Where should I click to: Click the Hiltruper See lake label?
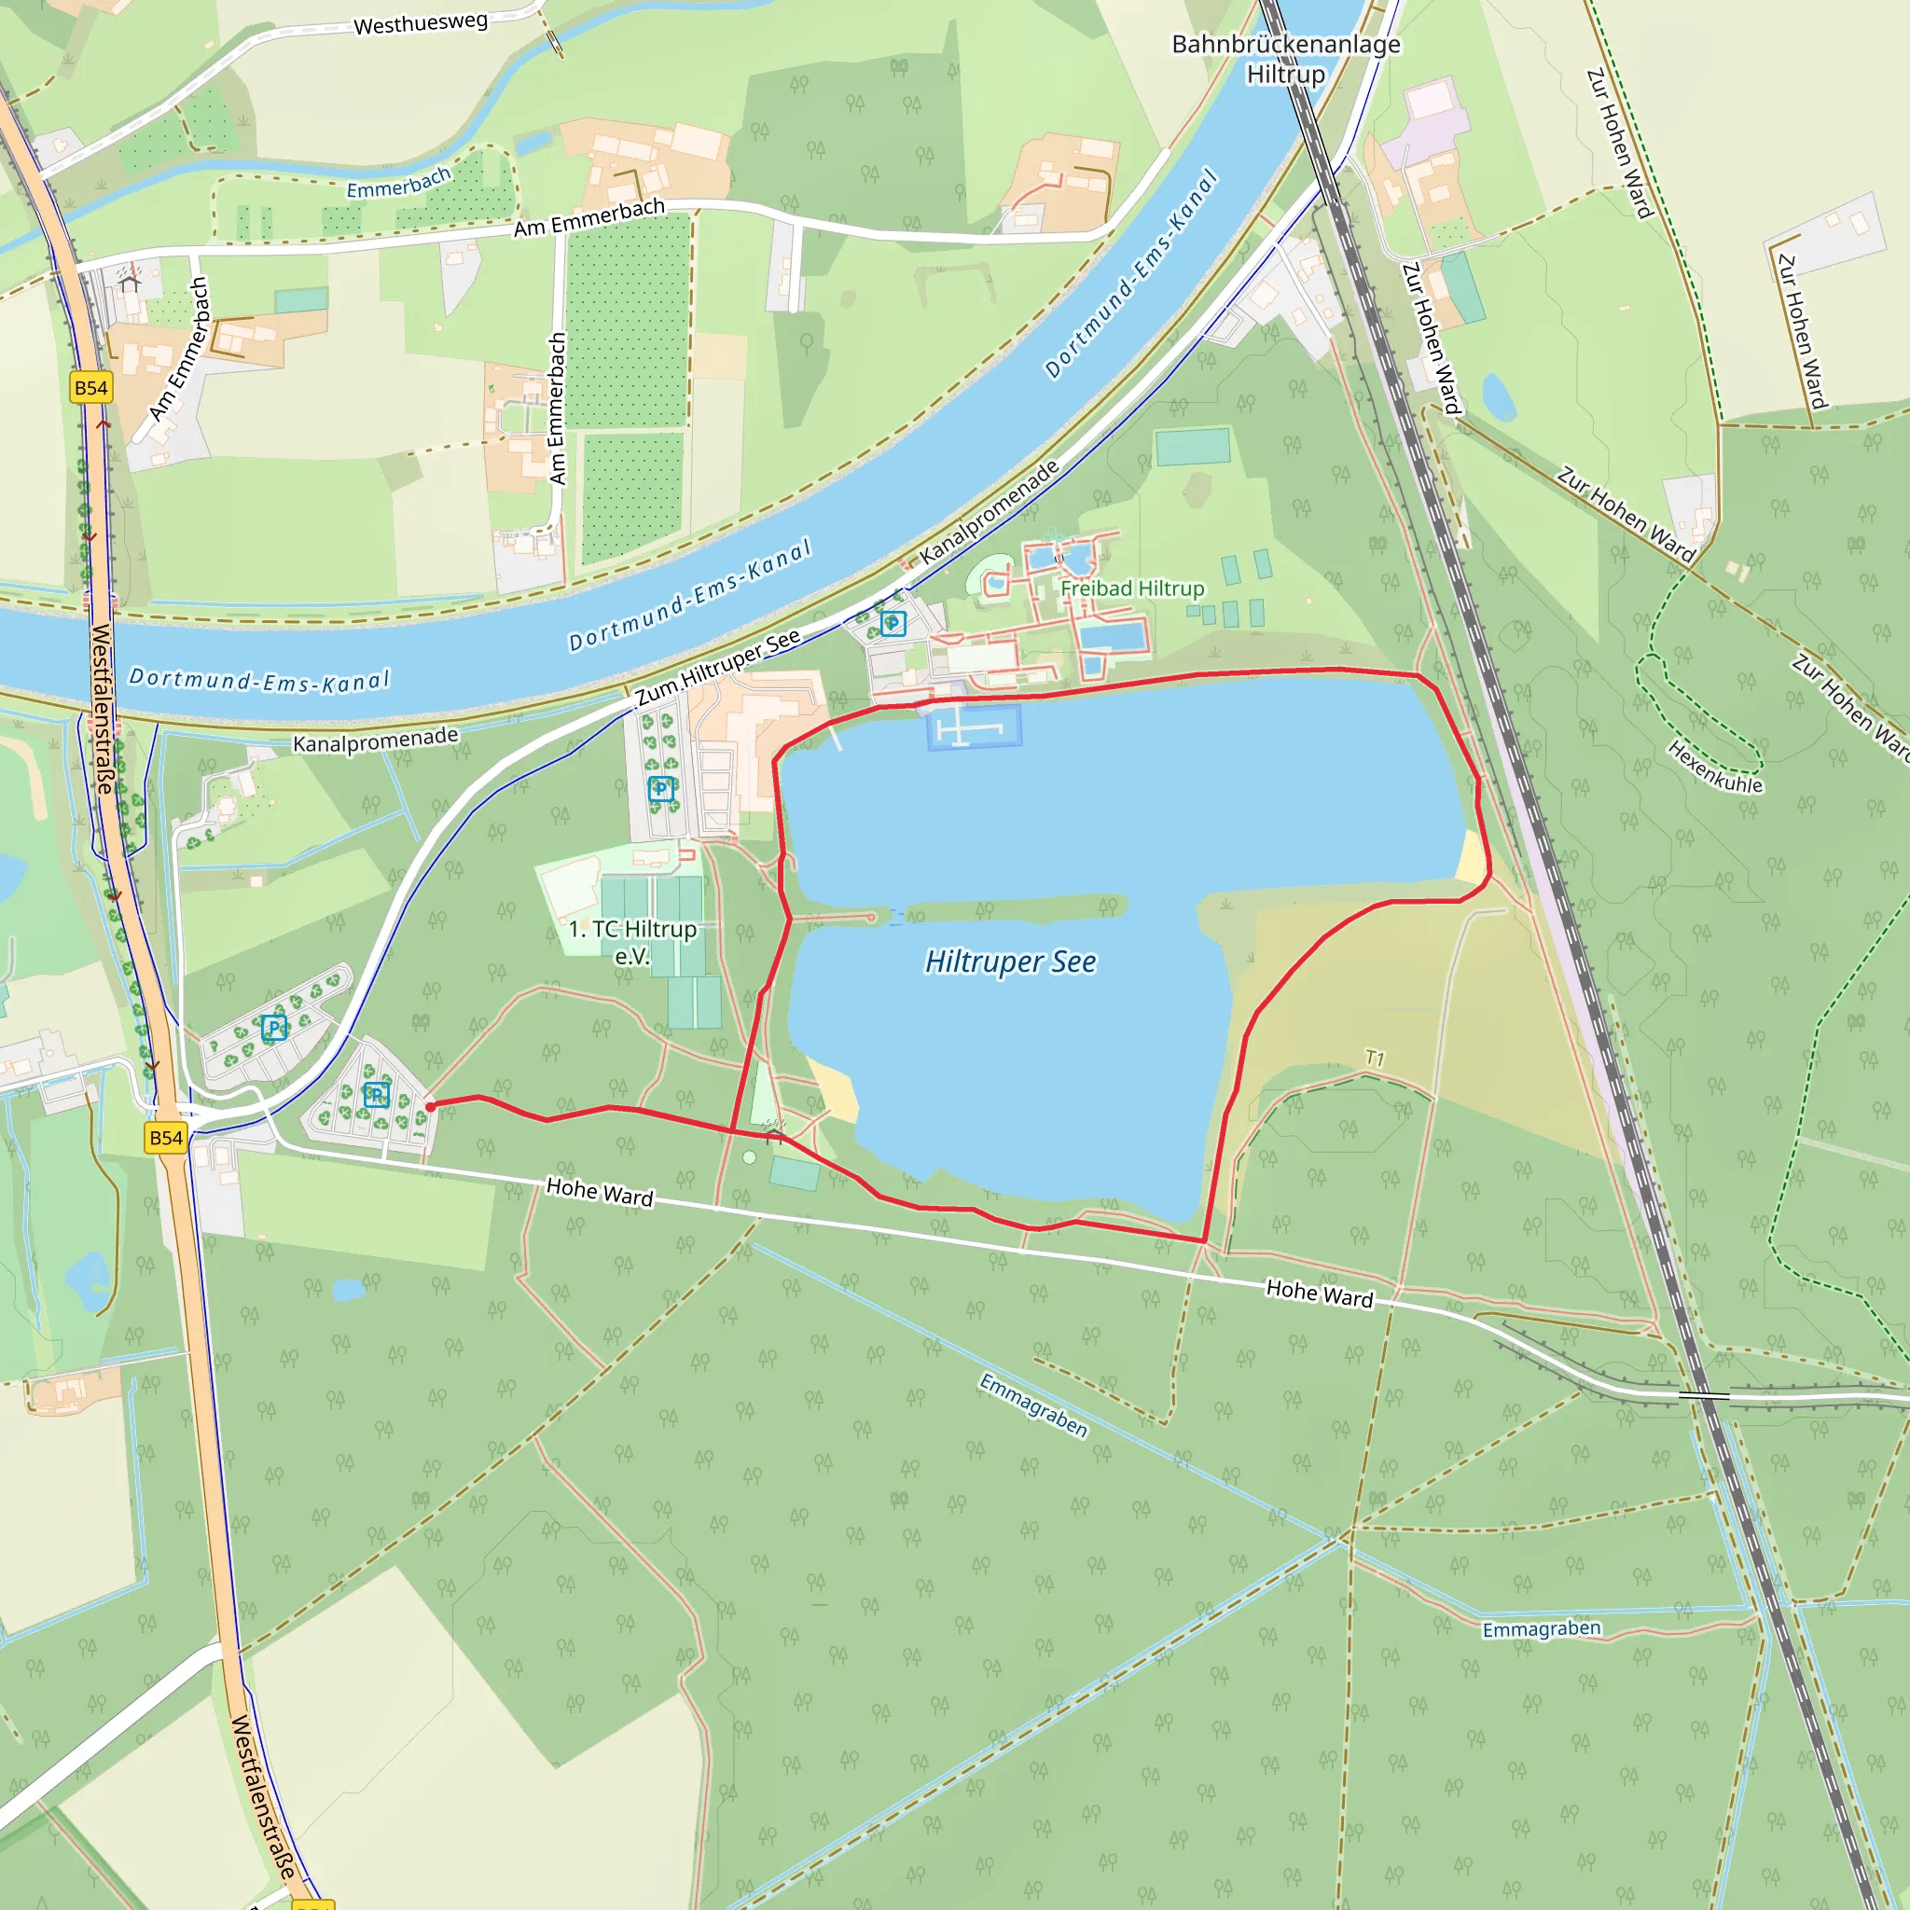click(1010, 962)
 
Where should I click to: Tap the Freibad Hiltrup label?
click(1132, 589)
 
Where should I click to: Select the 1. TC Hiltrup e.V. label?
click(632, 942)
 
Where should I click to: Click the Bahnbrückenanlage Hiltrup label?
click(1285, 60)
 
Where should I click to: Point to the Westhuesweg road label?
click(421, 23)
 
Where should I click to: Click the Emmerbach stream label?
click(398, 183)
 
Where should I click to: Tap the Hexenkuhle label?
click(1715, 768)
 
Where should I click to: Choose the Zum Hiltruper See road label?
click(718, 668)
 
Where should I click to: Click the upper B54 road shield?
click(91, 388)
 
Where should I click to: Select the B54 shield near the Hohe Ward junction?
click(166, 1138)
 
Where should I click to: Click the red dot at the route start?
click(431, 1107)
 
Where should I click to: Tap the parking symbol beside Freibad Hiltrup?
click(893, 624)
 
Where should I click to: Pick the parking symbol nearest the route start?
click(377, 1094)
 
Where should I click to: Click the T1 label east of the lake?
click(1374, 1058)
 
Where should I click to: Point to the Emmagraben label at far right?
click(1542, 1628)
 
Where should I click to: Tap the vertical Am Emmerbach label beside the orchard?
click(558, 408)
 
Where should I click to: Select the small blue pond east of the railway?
click(1499, 397)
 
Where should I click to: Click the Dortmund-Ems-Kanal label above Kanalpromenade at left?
click(260, 679)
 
